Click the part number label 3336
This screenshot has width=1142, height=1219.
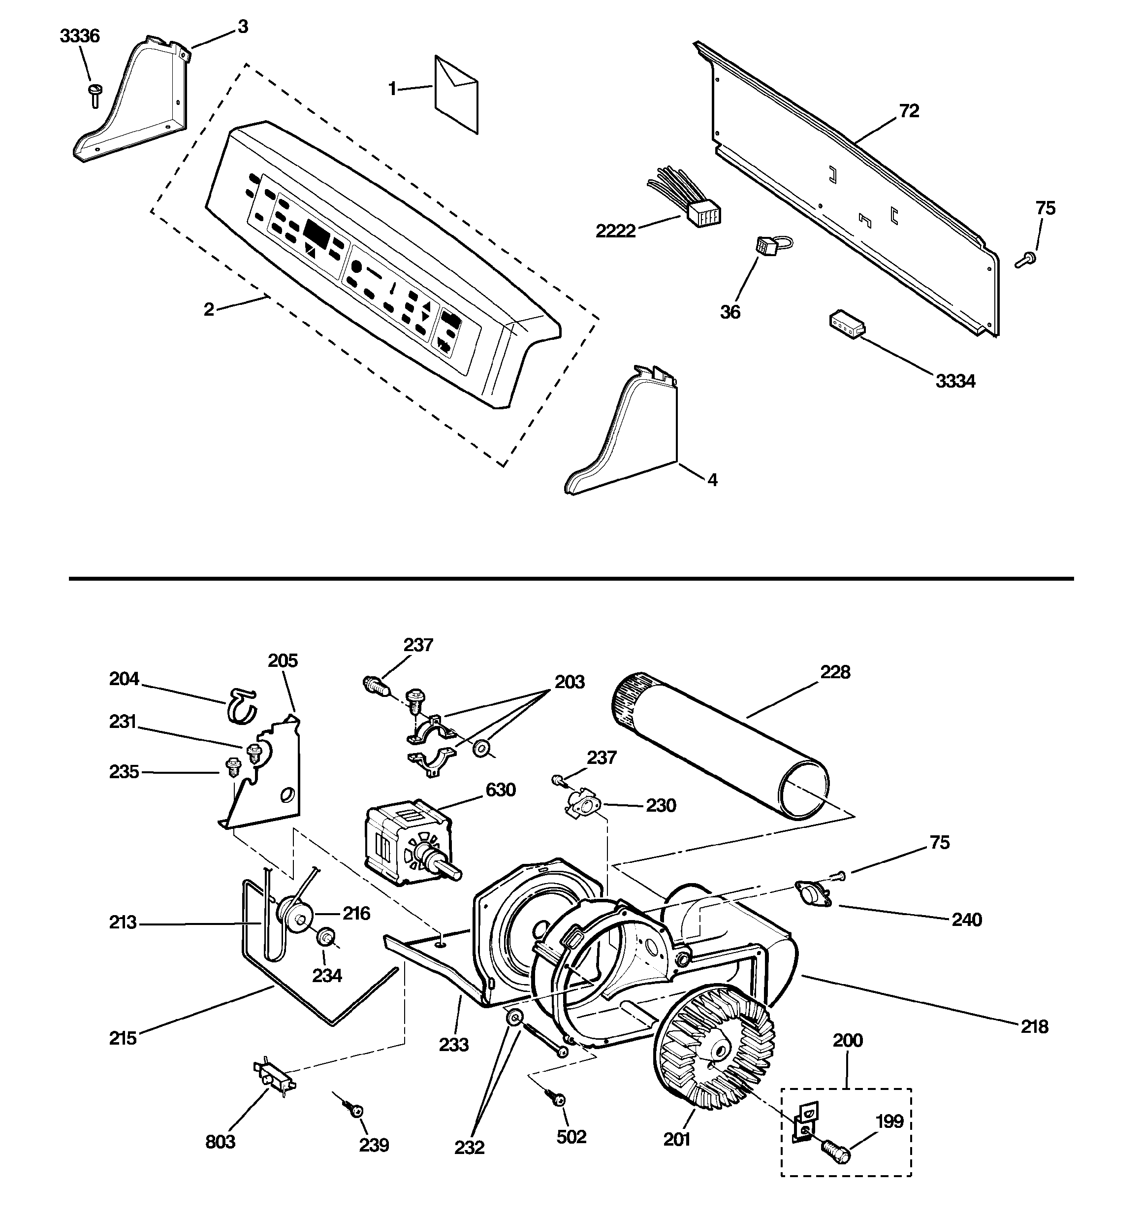[80, 36]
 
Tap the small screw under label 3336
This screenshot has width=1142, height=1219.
[95, 95]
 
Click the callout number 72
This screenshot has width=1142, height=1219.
[909, 111]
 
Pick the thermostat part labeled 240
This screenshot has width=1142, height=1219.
[814, 893]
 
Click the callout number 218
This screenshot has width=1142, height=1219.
[1034, 1026]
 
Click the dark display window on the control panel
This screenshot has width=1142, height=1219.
[317, 233]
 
